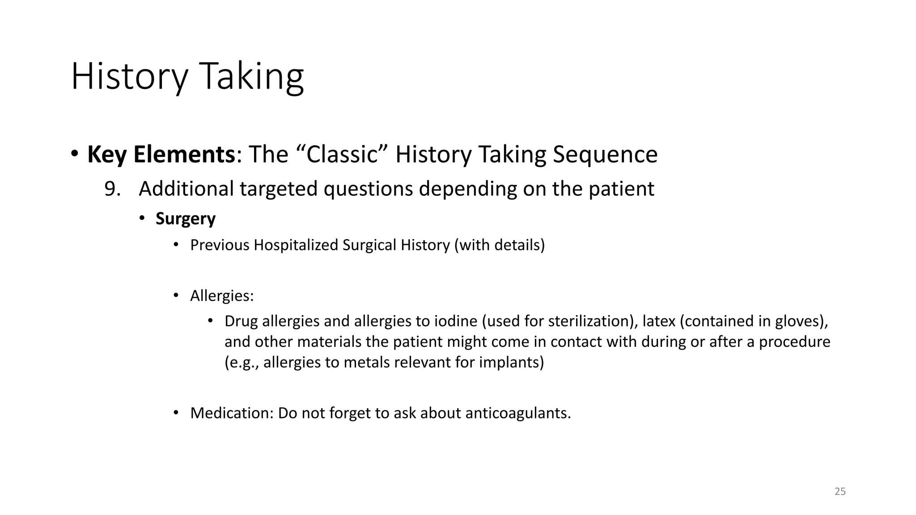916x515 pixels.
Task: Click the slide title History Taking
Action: coord(187,77)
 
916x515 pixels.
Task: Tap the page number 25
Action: coord(840,491)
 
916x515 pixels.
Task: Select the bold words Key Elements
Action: coord(161,155)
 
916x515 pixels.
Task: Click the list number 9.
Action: coord(112,189)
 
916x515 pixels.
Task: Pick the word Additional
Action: coord(186,189)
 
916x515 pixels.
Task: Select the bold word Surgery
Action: coord(185,219)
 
